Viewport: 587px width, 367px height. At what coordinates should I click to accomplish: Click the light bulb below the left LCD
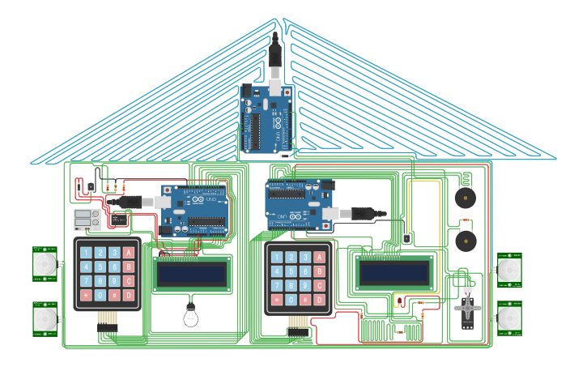point(191,314)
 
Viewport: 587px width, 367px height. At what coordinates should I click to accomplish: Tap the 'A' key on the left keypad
point(128,253)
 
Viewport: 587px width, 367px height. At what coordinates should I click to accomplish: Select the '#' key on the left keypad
point(114,295)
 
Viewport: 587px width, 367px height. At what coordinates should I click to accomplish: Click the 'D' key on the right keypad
point(319,301)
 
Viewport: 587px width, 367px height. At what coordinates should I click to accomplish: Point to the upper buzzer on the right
point(465,198)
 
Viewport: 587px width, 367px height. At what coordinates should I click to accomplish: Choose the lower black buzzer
point(465,241)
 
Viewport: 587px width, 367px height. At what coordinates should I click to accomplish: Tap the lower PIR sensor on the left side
point(45,319)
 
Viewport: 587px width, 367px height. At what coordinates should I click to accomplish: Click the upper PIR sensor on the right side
point(509,269)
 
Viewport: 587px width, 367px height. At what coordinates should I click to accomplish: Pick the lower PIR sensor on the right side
point(509,318)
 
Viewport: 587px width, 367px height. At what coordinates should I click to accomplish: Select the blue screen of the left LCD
point(191,275)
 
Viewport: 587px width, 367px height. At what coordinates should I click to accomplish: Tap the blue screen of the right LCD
point(394,273)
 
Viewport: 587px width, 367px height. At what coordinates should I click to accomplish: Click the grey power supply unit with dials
point(87,219)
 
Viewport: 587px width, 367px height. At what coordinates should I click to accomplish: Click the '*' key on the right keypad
point(277,301)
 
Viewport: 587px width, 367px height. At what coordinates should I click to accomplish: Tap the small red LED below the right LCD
point(398,303)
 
